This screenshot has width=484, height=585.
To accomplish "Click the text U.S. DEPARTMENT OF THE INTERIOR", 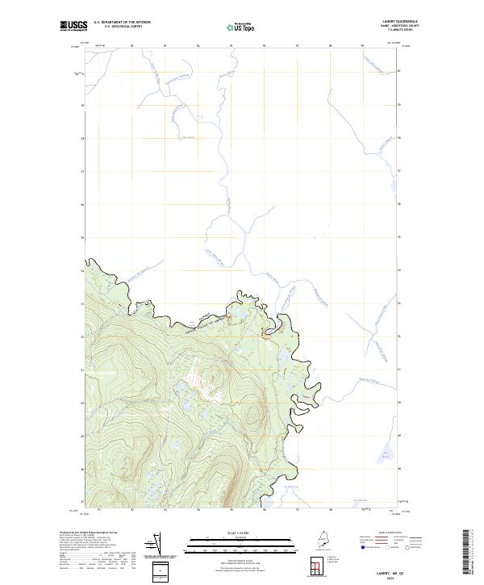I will click(122, 22).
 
